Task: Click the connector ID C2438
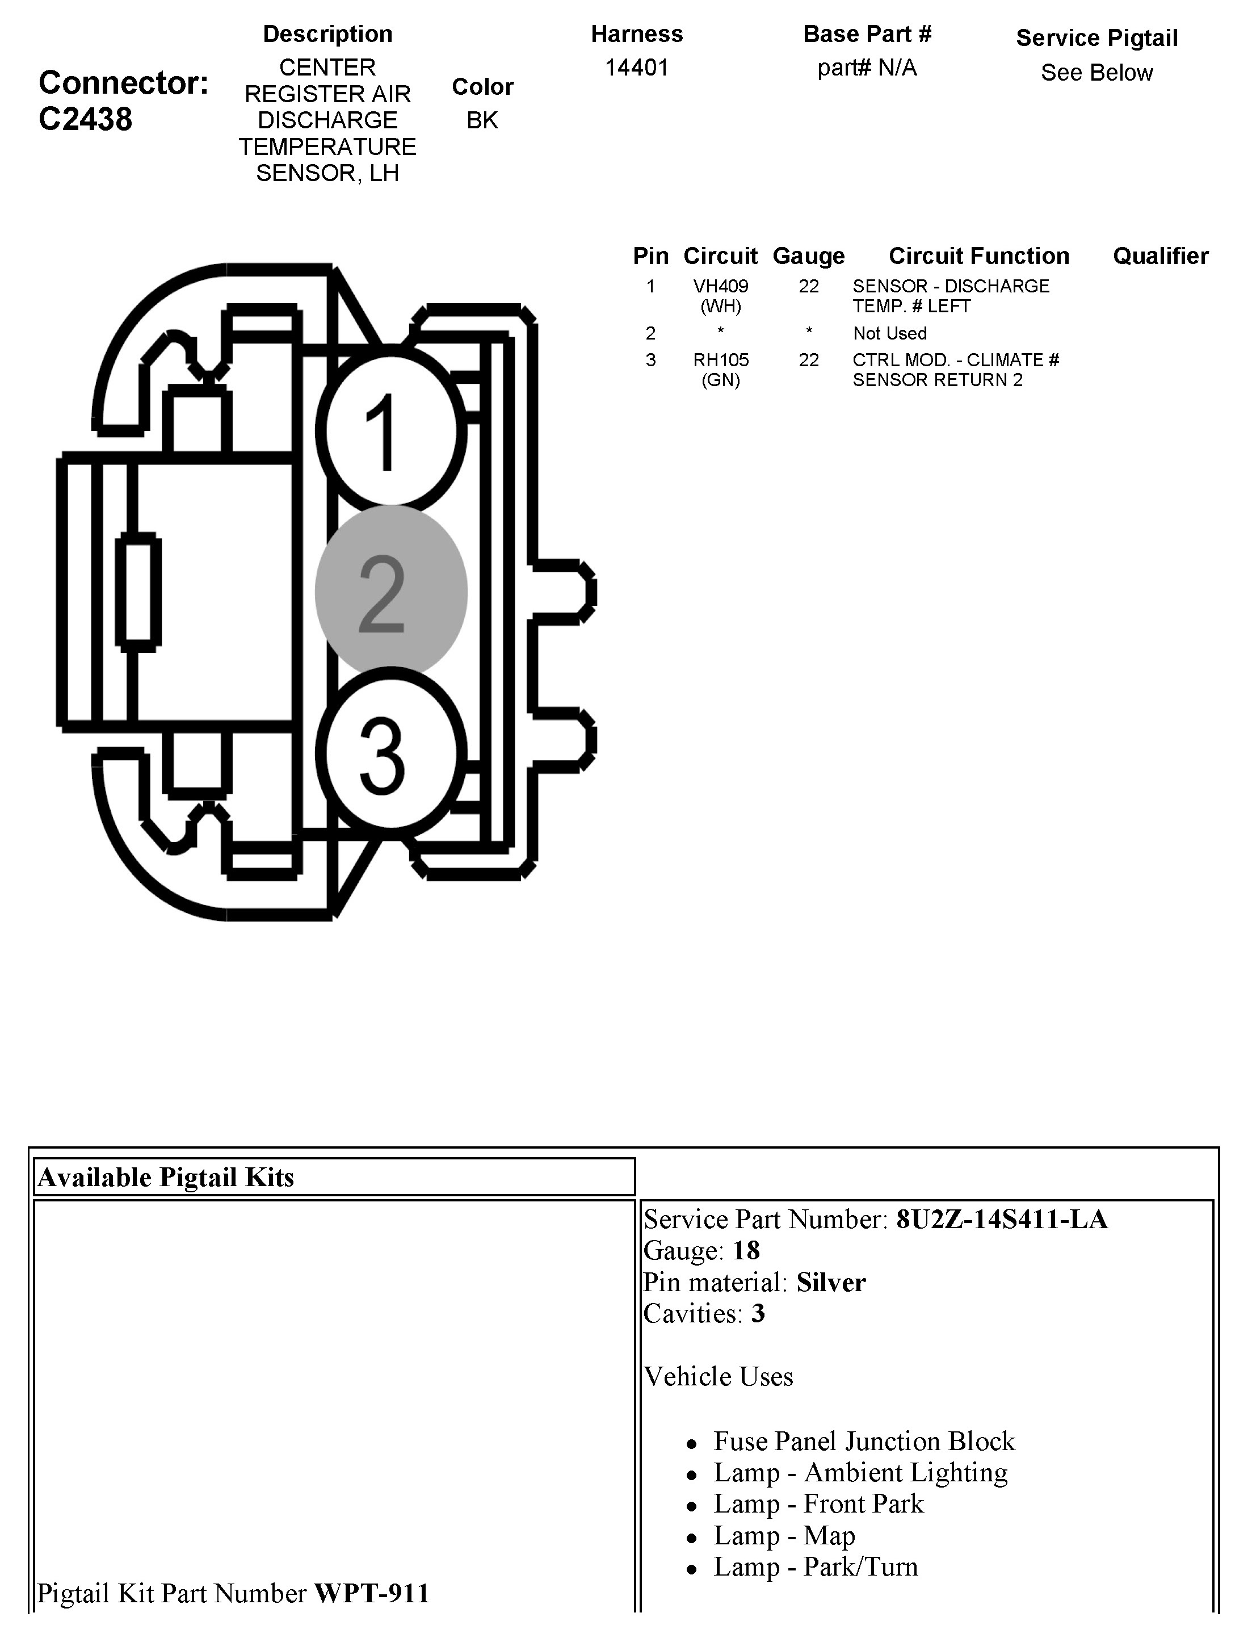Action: click(86, 119)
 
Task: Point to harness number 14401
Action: click(636, 68)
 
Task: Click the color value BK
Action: click(482, 120)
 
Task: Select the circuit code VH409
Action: click(720, 286)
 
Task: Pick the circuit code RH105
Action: click(720, 360)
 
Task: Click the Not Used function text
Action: click(890, 333)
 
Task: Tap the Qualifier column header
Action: click(1160, 255)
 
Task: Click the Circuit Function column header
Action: click(978, 255)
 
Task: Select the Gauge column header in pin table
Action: click(809, 255)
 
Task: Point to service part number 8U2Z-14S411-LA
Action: click(1002, 1218)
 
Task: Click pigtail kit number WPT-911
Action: click(371, 1593)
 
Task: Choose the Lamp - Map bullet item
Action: click(784, 1535)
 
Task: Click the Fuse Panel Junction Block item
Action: click(864, 1441)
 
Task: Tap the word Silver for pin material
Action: click(831, 1281)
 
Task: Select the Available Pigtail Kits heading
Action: click(166, 1177)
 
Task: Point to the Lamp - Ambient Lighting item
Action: click(860, 1472)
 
